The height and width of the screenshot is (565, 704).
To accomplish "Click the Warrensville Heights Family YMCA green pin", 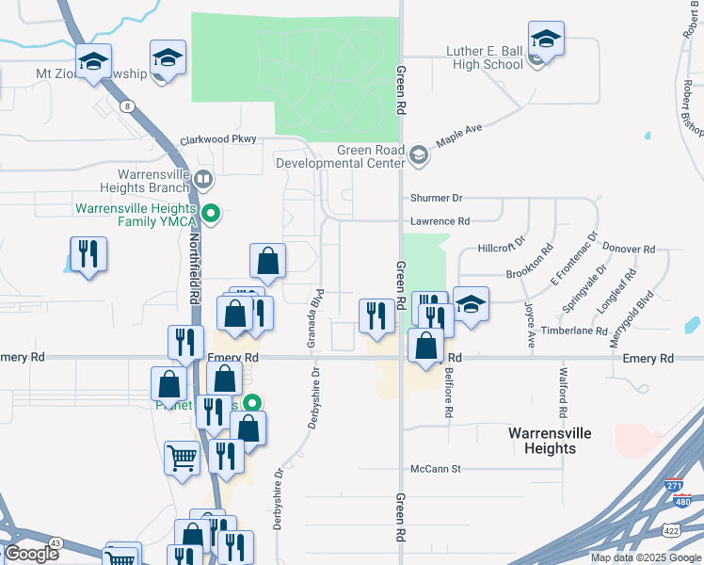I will [x=213, y=214].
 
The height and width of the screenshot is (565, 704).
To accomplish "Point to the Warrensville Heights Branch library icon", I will [x=203, y=178].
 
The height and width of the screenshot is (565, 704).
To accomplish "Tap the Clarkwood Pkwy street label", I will [x=217, y=140].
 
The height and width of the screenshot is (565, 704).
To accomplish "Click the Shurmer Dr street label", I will [x=437, y=199].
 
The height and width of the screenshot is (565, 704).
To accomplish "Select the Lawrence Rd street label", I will [x=440, y=221].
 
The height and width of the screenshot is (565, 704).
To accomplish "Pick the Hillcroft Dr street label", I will [x=500, y=249].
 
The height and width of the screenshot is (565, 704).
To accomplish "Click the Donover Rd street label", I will [x=629, y=250].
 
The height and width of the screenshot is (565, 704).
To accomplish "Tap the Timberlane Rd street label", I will [x=574, y=331].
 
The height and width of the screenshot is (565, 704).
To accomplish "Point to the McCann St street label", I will [x=435, y=468].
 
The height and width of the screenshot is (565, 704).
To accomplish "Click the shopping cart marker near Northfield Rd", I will [x=182, y=459].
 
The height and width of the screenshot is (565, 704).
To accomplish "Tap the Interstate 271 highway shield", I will [x=674, y=486].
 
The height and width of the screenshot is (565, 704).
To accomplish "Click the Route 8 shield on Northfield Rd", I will [x=127, y=107].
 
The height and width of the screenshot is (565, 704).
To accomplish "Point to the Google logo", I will [x=32, y=554].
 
